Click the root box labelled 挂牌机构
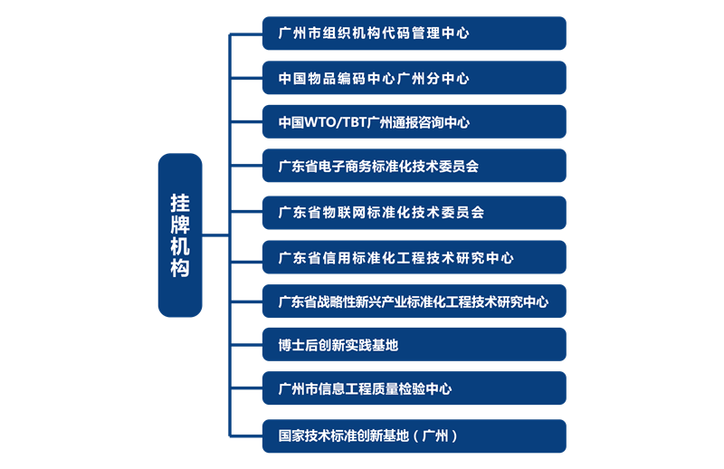click(180, 235)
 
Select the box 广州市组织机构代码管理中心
click(414, 33)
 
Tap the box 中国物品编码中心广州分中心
click(414, 78)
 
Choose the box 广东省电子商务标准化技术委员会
click(414, 167)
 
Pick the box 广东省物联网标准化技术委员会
click(414, 212)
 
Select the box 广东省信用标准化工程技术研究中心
click(414, 257)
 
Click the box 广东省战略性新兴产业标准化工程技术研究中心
click(414, 301)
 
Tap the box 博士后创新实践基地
click(414, 345)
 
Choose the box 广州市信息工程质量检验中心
click(414, 388)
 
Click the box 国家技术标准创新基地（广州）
click(414, 435)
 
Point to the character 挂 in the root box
click(180, 202)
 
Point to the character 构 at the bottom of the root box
click(180, 269)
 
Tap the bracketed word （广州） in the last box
click(434, 435)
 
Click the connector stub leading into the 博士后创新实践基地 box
click(245, 345)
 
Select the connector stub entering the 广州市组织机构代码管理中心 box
click(245, 33)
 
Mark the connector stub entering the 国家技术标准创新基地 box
click(245, 435)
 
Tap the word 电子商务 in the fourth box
click(347, 167)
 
